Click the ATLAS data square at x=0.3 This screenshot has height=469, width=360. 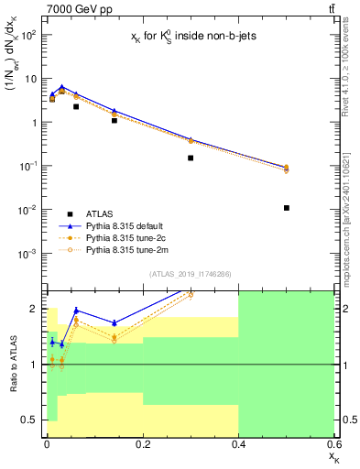point(191,158)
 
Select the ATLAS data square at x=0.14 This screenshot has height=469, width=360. point(114,120)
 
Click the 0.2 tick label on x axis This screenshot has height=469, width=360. point(142,444)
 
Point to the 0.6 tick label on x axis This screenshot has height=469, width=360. point(332,444)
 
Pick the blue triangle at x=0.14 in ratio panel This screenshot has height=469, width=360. point(114,322)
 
